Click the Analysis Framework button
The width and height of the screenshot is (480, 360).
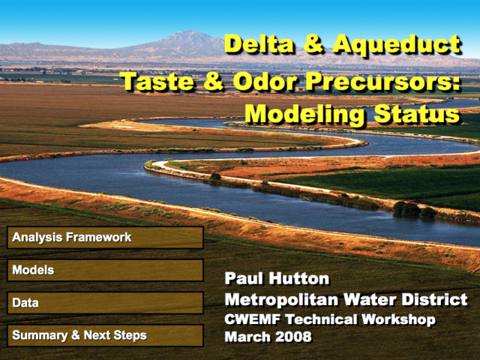click(x=105, y=237)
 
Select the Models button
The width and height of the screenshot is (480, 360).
click(x=105, y=270)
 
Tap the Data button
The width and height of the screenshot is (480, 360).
click(x=105, y=303)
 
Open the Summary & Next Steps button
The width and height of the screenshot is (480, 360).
click(x=105, y=335)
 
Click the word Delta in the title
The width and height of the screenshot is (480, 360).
click(x=260, y=44)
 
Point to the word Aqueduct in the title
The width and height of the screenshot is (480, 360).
click(x=397, y=45)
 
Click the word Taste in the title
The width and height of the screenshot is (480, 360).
click(x=158, y=82)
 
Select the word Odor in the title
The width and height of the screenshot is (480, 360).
click(x=265, y=82)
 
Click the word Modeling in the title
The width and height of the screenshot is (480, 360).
click(x=305, y=115)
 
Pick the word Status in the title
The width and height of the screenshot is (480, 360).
click(x=417, y=114)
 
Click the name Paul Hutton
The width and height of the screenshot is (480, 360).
click(x=277, y=278)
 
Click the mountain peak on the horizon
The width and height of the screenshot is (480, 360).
click(x=190, y=31)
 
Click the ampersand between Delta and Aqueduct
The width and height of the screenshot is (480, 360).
click(x=313, y=45)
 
